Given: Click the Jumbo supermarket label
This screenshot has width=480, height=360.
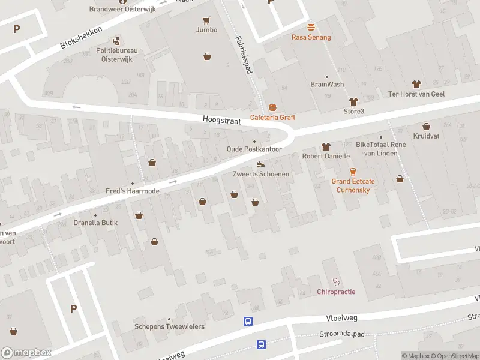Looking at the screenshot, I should pos(206,29).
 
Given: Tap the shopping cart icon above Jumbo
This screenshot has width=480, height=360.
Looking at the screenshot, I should pos(206,20).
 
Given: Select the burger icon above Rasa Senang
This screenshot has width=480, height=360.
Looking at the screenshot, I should pos(311,27).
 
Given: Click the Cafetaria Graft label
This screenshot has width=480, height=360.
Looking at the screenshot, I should pos(273,118).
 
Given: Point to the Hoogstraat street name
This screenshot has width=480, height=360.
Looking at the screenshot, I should pos(221,121).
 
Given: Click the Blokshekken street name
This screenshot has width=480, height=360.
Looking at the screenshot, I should pos(81,38).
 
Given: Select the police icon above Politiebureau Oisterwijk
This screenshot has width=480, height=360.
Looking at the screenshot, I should pos(117,41).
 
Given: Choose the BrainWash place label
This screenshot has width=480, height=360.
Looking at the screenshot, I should pos(327,84).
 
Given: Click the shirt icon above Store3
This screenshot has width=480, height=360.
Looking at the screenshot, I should pos(353,101).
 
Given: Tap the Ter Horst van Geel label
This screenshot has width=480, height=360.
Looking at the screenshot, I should pos(416,94).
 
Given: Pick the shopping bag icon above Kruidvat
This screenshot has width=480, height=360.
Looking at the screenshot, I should pos(426,127).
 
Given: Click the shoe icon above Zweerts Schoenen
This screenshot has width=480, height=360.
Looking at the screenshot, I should pos(260,164).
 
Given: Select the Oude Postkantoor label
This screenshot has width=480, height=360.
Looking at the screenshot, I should pos(254,149).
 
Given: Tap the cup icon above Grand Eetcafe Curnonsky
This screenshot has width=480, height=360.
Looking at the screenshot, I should pos(353,171).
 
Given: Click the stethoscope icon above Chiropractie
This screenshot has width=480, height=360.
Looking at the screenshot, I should pos(336,281).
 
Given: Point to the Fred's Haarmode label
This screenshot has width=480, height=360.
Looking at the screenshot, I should pos(133,191).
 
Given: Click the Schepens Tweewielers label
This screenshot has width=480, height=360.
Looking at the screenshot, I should pos(169,326).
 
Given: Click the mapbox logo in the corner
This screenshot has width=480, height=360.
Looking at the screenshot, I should pos(26,353).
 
